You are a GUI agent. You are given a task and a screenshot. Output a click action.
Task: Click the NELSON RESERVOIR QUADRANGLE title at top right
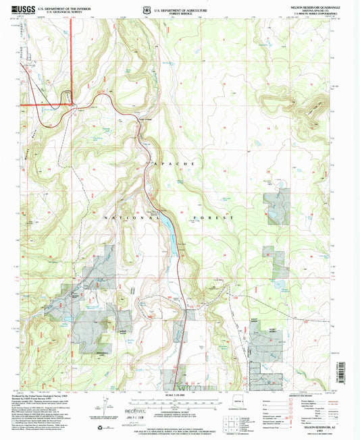(310, 5)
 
